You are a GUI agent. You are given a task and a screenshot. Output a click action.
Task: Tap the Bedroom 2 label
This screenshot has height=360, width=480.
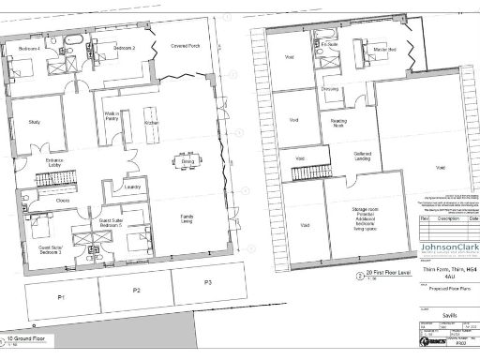click(125, 47)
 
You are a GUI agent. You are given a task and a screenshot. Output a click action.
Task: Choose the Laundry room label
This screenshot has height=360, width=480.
click(131, 187)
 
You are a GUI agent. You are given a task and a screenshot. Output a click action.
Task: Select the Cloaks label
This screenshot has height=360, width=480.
click(62, 200)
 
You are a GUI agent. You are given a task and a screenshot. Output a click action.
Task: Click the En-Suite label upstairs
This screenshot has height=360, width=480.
click(328, 45)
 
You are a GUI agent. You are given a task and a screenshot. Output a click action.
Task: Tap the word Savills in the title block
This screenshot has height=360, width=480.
click(442, 316)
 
